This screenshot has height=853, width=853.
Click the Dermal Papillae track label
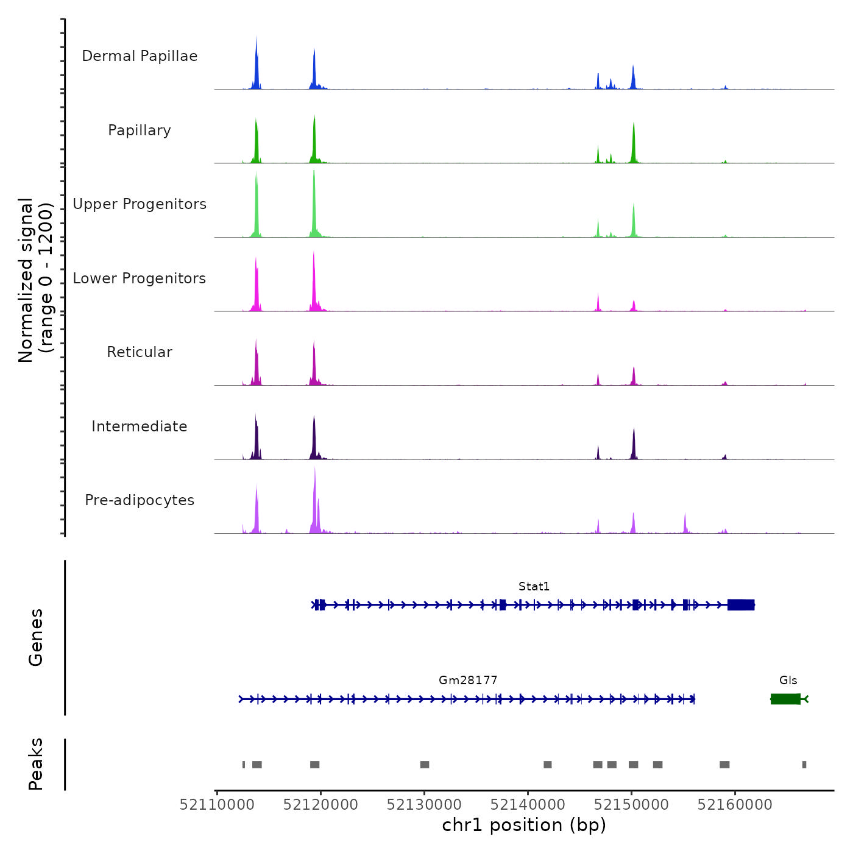(x=140, y=56)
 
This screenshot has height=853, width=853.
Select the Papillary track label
(x=140, y=130)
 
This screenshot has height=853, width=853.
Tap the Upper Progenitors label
(x=140, y=204)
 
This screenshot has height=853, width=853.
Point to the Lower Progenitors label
(x=140, y=278)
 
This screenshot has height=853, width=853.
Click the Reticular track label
(x=140, y=352)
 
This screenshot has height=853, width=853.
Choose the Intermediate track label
(x=140, y=426)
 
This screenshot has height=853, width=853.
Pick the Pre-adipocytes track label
(x=140, y=500)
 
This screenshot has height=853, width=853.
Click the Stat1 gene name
(x=534, y=586)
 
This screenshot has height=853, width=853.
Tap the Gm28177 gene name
(x=468, y=680)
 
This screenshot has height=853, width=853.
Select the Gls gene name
(x=788, y=680)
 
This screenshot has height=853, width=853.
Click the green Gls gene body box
(x=785, y=699)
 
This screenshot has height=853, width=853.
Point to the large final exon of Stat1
(x=741, y=604)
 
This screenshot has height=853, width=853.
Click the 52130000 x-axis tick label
(x=425, y=805)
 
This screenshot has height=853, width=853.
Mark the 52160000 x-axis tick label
(x=735, y=805)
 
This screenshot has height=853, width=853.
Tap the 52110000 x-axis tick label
(x=218, y=805)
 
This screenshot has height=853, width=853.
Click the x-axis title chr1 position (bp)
(x=524, y=825)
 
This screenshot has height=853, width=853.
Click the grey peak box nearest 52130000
(x=425, y=765)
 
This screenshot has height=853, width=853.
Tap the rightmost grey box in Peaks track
(x=804, y=765)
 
